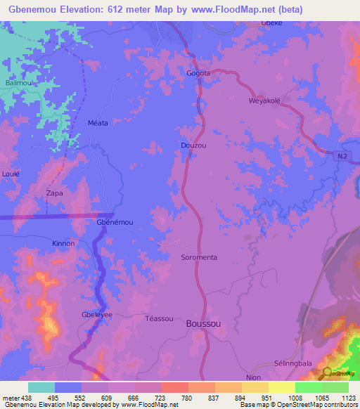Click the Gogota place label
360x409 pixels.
[x=198, y=73]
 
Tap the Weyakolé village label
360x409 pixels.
[x=264, y=100]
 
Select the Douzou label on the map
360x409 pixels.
[x=193, y=145]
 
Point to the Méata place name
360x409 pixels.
[x=98, y=123]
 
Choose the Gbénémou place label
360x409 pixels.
[x=114, y=222]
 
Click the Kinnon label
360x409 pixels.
[x=63, y=243]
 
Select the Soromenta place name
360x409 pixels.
[x=199, y=257]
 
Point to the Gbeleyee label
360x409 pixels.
[x=97, y=315]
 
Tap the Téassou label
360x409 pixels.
[x=158, y=318]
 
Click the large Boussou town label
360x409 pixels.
[x=205, y=324]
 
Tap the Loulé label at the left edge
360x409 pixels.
[x=11, y=173]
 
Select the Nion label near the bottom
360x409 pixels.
[x=253, y=377]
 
